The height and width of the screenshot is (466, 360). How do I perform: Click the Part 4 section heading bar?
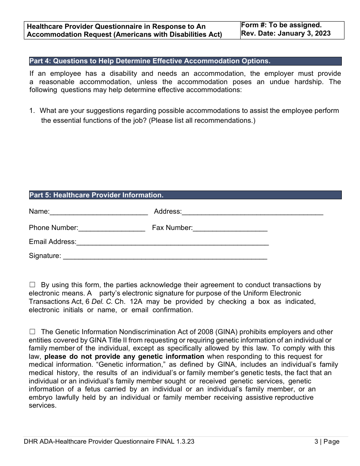(185, 61)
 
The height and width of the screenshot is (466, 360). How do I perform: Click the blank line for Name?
(99, 212)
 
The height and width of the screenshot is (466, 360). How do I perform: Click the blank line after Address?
(252, 212)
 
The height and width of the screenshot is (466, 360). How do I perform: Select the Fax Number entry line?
(230, 228)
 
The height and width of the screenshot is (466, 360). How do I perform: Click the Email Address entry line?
(172, 242)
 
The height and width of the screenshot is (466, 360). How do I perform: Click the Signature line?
(165, 256)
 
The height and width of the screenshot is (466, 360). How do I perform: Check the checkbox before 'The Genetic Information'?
(32, 332)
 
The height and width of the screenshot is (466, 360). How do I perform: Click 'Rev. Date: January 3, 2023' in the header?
(286, 33)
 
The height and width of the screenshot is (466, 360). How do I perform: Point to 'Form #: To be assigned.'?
(281, 25)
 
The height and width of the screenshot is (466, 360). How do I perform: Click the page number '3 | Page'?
(327, 441)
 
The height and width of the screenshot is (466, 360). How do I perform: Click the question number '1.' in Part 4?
(32, 111)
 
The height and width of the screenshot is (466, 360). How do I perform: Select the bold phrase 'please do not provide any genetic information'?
(124, 357)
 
